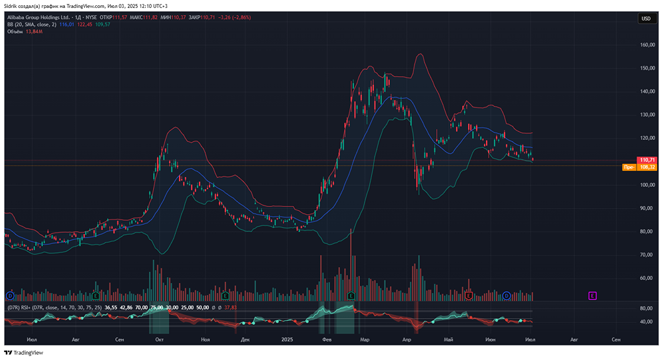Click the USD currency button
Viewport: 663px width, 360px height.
(x=645, y=19)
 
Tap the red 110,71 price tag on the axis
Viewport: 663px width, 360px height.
(x=647, y=160)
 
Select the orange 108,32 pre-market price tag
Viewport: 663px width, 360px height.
(x=647, y=167)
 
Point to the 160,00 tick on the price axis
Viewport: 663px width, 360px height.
(x=648, y=45)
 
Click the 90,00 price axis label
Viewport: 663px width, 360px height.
(x=647, y=208)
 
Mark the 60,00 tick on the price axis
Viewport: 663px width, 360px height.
(x=647, y=278)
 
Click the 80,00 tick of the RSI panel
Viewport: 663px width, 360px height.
(x=647, y=308)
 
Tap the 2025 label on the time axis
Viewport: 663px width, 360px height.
(x=287, y=339)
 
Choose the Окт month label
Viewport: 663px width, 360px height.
(x=159, y=339)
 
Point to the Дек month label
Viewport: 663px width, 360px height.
(x=245, y=339)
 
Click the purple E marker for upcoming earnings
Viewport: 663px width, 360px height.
(x=592, y=294)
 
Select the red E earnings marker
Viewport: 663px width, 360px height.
(x=469, y=294)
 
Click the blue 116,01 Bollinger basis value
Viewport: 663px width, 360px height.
(x=66, y=25)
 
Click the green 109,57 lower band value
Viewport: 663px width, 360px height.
(x=103, y=25)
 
